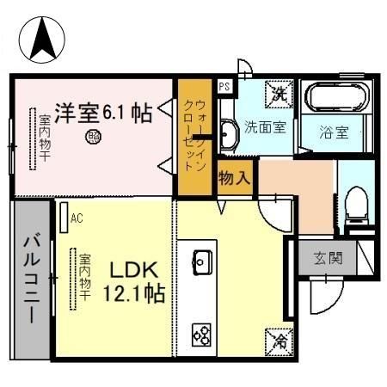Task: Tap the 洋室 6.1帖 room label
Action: click(x=103, y=113)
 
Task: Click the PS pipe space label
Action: click(x=224, y=86)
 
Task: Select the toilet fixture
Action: click(x=356, y=206)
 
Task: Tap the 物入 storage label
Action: click(x=235, y=179)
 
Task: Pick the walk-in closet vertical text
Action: click(x=194, y=135)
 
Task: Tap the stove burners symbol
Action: click(x=203, y=332)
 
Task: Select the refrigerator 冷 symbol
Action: click(x=282, y=339)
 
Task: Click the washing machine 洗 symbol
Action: click(x=279, y=91)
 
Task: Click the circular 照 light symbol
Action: click(x=93, y=136)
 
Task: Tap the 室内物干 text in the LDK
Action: click(x=86, y=277)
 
